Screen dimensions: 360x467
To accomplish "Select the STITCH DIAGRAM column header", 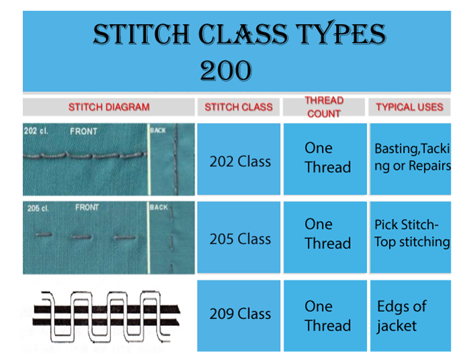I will point(109,107).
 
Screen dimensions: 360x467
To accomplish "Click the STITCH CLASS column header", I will point(239,107).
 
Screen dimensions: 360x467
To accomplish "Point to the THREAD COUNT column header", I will point(324,107).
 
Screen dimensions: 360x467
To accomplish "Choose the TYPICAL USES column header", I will point(409,107).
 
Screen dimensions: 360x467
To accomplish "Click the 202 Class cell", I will point(239,161).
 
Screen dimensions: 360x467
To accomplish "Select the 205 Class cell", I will point(239,238).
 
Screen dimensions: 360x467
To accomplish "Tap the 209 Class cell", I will point(239,314).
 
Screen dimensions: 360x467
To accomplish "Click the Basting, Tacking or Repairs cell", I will point(411,157).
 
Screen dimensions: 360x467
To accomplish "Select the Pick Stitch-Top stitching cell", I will point(411,234).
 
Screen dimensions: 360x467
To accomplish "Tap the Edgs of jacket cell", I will point(402,316).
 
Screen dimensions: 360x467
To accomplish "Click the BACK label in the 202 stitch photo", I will point(159,130).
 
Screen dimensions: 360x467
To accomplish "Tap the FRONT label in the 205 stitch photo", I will point(87,208).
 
